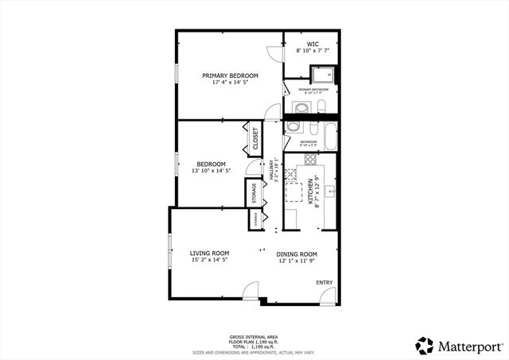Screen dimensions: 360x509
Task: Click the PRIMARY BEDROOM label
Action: pos(230,76)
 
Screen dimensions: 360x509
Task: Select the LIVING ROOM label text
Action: pos(209,253)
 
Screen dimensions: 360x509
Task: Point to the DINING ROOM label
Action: pos(297,254)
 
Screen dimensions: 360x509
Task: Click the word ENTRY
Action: pos(324,282)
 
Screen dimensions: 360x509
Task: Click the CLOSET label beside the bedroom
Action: pos(255,140)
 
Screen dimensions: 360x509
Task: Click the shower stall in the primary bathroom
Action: pos(321,76)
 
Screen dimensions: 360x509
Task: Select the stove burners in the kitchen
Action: pos(310,160)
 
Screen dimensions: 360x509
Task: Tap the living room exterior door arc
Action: pos(251,296)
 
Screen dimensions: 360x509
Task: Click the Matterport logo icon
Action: pos(425,345)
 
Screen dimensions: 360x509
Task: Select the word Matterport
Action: pos(470,346)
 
